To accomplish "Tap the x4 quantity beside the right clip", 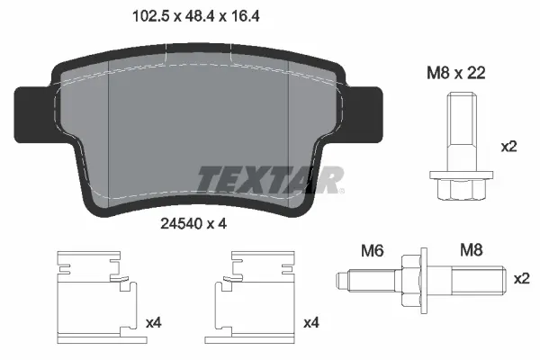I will pyautogui.click(x=311, y=322).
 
